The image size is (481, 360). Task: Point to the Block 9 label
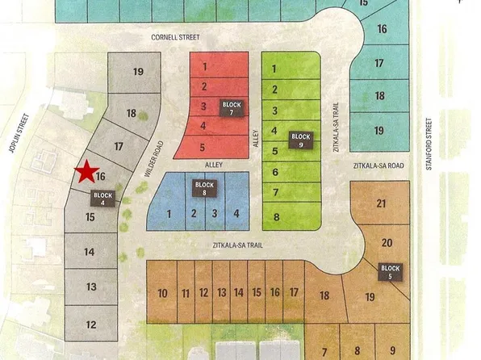tap(300, 140)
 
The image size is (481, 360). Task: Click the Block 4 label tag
tap(103, 198)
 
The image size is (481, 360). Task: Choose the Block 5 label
tap(390, 271)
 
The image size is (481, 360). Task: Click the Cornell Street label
tap(174, 38)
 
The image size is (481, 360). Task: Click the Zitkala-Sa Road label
tap(377, 165)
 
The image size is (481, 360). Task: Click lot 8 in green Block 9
tap(276, 216)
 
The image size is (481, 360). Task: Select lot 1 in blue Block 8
tap(169, 213)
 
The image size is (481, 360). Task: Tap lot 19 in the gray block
tap(138, 72)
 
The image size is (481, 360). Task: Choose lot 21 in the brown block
tap(381, 205)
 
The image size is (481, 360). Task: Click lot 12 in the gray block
tap(91, 324)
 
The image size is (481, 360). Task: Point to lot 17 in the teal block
tap(379, 63)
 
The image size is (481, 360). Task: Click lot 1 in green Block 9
tap(275, 69)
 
